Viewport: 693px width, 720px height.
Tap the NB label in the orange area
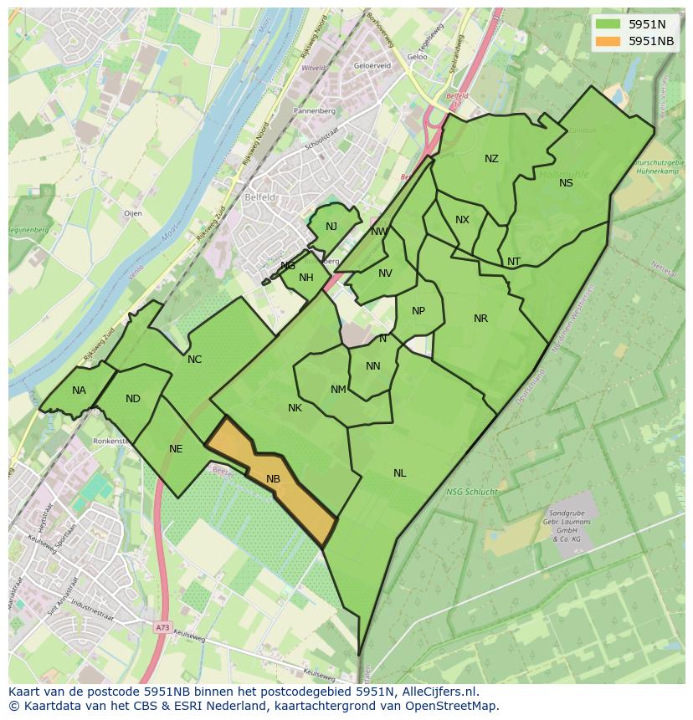[273, 479]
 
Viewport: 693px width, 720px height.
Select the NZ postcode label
[491, 159]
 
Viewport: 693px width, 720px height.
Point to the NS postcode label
[566, 183]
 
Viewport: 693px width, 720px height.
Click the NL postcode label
[399, 473]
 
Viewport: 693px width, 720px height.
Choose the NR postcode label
[480, 319]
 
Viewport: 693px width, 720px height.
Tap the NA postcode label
[79, 391]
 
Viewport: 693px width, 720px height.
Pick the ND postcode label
[133, 399]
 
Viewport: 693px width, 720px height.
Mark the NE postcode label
[176, 449]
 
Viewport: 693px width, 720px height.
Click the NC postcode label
[194, 360]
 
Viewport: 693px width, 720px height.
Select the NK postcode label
[295, 408]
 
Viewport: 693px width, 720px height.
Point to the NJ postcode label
[331, 227]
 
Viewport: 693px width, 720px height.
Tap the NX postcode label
[462, 220]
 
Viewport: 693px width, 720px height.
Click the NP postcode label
[418, 311]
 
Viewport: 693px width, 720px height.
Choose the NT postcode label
[514, 262]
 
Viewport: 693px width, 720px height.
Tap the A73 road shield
[162, 626]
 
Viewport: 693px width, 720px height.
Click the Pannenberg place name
[316, 110]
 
